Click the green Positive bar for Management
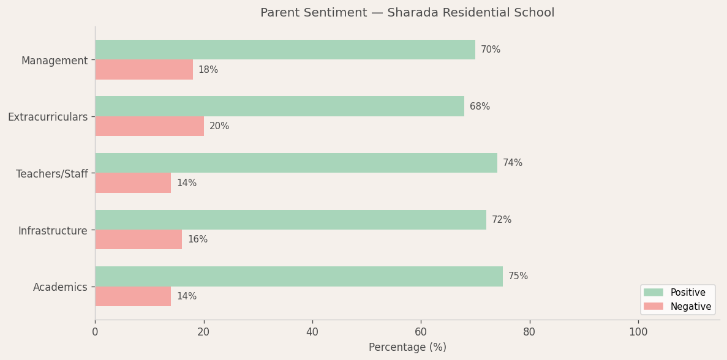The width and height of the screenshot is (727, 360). (285, 50)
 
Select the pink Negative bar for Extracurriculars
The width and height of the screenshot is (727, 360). (149, 126)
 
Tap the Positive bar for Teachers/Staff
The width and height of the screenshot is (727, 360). (296, 163)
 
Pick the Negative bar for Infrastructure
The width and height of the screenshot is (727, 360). (138, 239)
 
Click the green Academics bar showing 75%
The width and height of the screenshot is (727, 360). (299, 276)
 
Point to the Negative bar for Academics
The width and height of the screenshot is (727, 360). (133, 296)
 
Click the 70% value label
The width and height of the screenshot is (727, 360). (491, 50)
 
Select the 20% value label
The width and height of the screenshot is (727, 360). (219, 126)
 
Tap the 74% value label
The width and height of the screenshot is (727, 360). (513, 163)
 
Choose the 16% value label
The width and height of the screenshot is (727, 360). (197, 239)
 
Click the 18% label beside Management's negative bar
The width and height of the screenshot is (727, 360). (208, 70)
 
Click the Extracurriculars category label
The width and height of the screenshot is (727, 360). (48, 117)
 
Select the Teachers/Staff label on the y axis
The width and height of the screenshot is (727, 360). (52, 174)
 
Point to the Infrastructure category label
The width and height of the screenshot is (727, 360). (53, 231)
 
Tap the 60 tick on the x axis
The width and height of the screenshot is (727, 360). (421, 332)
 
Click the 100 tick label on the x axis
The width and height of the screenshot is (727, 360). (638, 332)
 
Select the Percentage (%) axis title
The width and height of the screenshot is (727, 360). (407, 347)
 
